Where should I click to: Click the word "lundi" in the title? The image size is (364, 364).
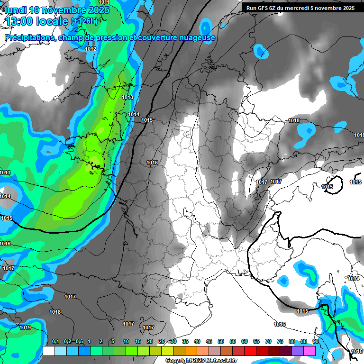point(15,10)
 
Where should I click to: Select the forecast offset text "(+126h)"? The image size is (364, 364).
point(84,21)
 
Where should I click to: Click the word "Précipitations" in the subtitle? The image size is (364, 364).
point(29,37)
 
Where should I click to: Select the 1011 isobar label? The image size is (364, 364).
point(104,2)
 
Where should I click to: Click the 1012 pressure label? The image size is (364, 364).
point(91,49)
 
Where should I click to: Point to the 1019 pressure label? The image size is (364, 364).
point(25,328)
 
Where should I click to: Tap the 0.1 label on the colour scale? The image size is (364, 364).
point(55,342)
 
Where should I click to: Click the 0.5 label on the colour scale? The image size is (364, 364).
point(79,342)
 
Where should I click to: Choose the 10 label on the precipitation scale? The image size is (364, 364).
point(126,342)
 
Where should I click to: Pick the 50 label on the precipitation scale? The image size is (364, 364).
point(221,342)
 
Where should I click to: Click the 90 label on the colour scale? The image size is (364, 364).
point(315,342)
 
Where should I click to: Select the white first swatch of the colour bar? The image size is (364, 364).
point(49,351)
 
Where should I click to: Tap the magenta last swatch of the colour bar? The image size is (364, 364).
point(309,351)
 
